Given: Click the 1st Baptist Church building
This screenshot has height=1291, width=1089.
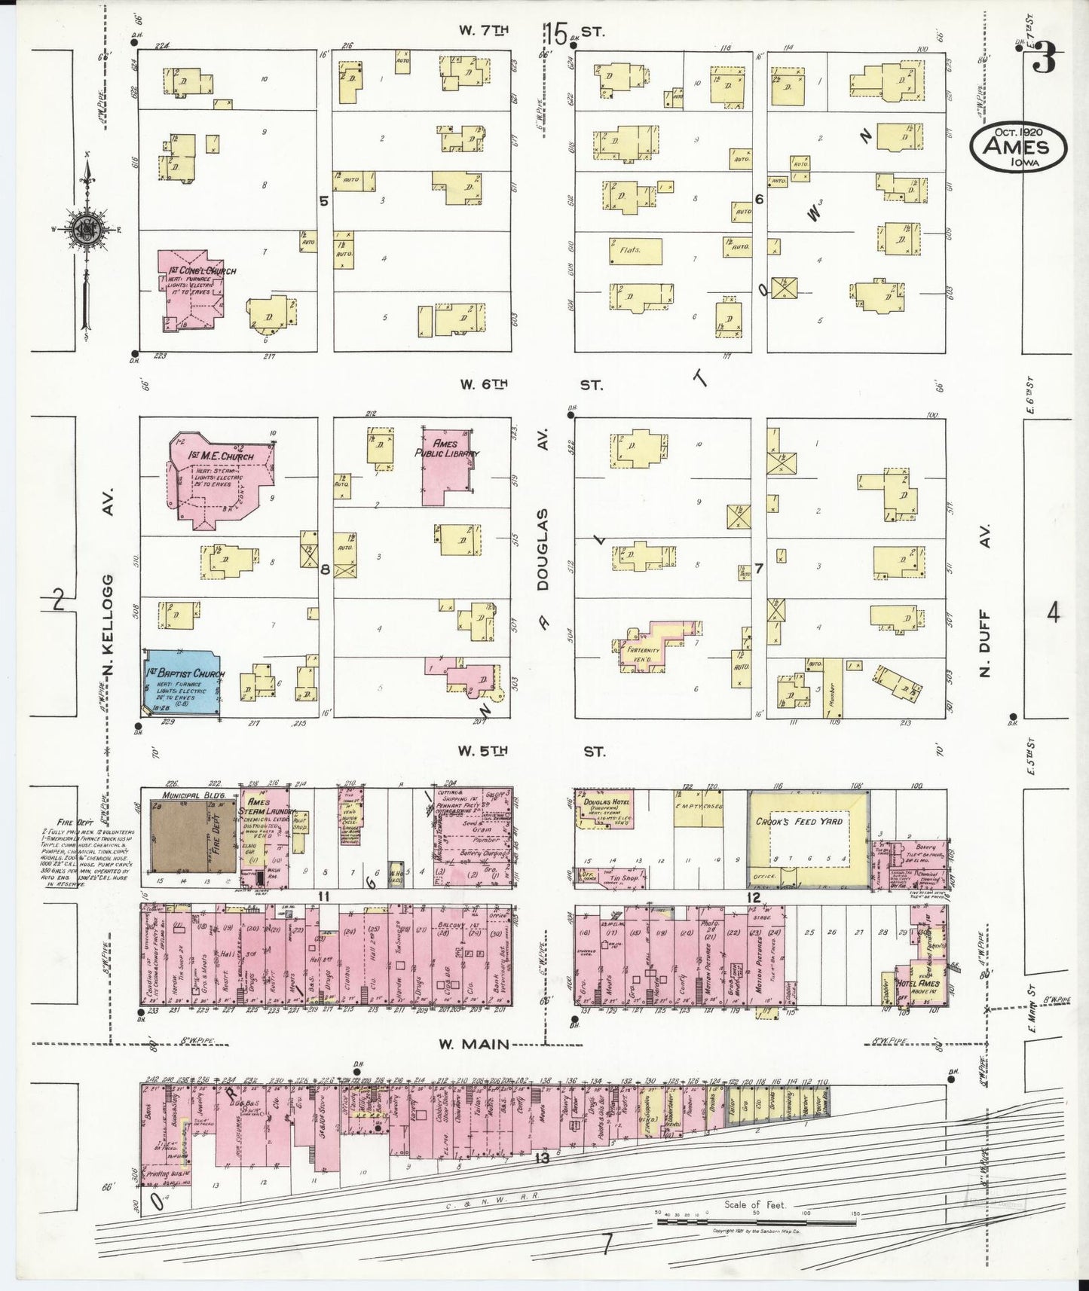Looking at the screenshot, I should [182, 681].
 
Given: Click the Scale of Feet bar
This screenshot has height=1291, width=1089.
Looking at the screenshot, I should [756, 1222].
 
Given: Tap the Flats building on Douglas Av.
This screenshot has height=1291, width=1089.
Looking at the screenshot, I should [635, 251].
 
